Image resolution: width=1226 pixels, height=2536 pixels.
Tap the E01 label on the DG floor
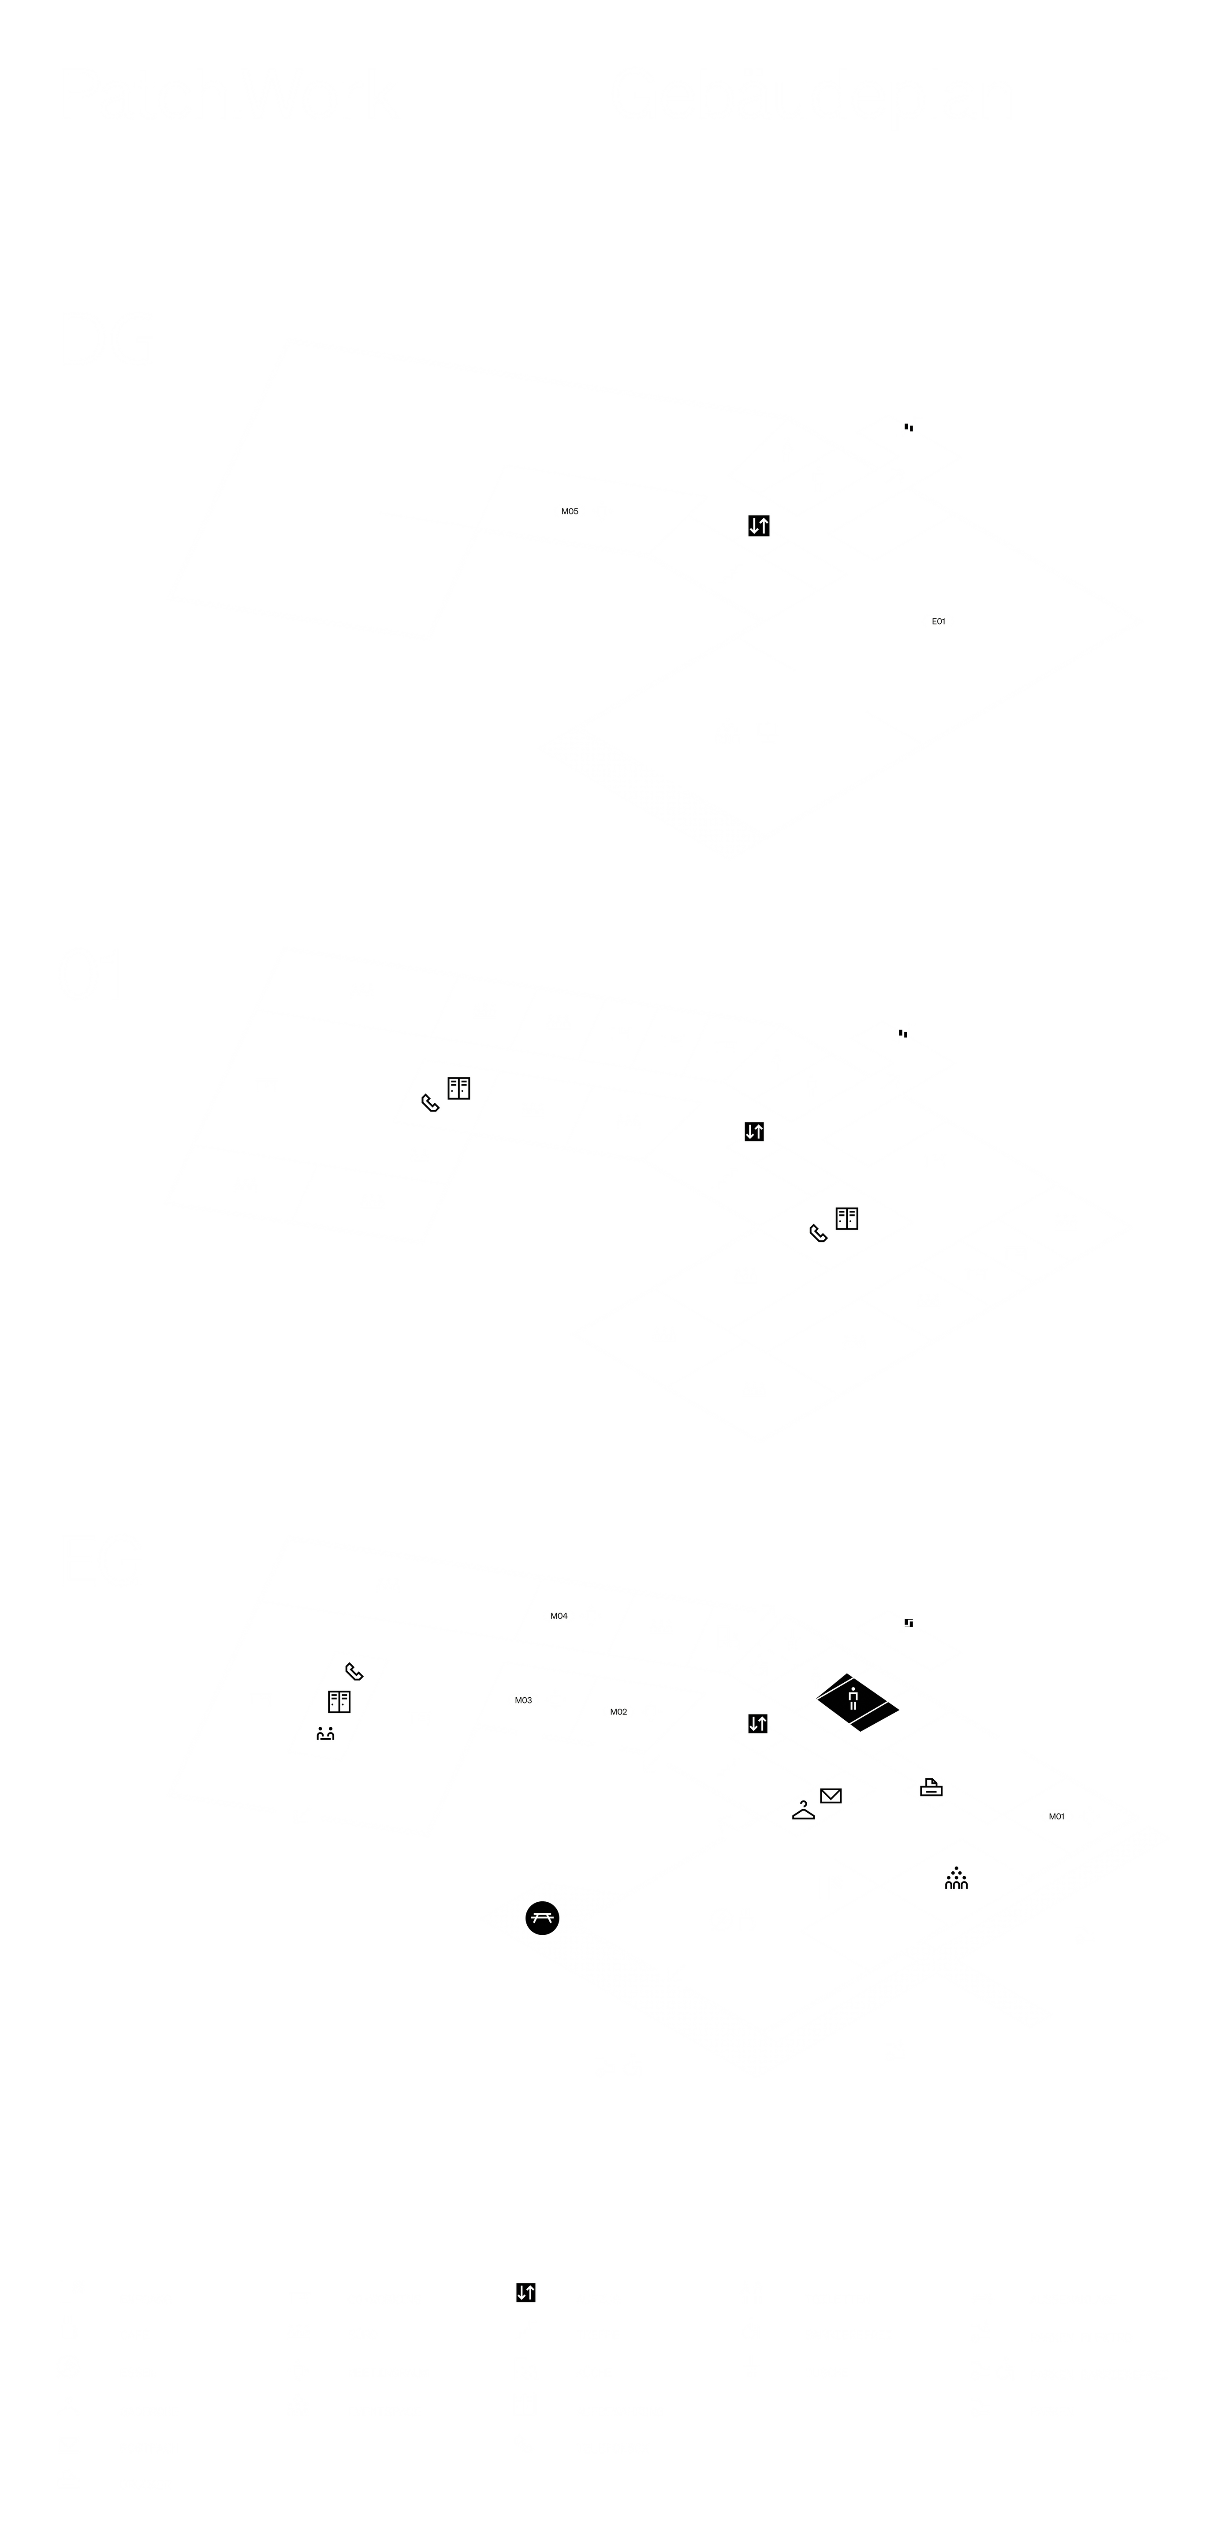[x=938, y=621]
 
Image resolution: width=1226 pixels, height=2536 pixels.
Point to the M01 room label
[x=1057, y=1816]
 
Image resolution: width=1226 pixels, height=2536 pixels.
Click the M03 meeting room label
[x=523, y=1700]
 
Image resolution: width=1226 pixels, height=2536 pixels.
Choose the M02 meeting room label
[x=619, y=1712]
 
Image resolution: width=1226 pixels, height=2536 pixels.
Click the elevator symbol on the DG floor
[x=758, y=526]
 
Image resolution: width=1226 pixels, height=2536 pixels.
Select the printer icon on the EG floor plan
[x=931, y=1789]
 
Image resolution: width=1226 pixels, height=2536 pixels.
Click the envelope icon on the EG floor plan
[x=831, y=1796]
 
